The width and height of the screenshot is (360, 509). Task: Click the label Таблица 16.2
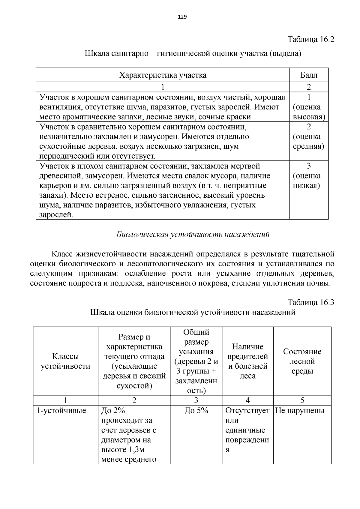tap(311, 39)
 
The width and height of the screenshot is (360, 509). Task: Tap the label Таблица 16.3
tap(311, 302)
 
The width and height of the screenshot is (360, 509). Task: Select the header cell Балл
tap(309, 75)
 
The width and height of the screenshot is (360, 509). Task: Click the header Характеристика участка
tap(163, 75)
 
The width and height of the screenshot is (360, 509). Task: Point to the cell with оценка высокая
tap(309, 107)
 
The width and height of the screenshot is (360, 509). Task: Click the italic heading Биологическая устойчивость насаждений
tap(193, 235)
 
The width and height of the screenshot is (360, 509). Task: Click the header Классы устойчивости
tap(65, 361)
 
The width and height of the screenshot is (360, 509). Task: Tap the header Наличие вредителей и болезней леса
tap(247, 361)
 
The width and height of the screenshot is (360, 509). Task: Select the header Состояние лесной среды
tap(302, 361)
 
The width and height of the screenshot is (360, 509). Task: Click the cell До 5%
tap(196, 411)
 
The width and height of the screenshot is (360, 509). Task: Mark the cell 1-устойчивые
tap(61, 411)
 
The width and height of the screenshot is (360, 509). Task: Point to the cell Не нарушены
tap(300, 411)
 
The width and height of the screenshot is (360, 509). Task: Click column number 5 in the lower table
tap(302, 400)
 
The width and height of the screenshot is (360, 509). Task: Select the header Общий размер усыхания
tap(196, 361)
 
